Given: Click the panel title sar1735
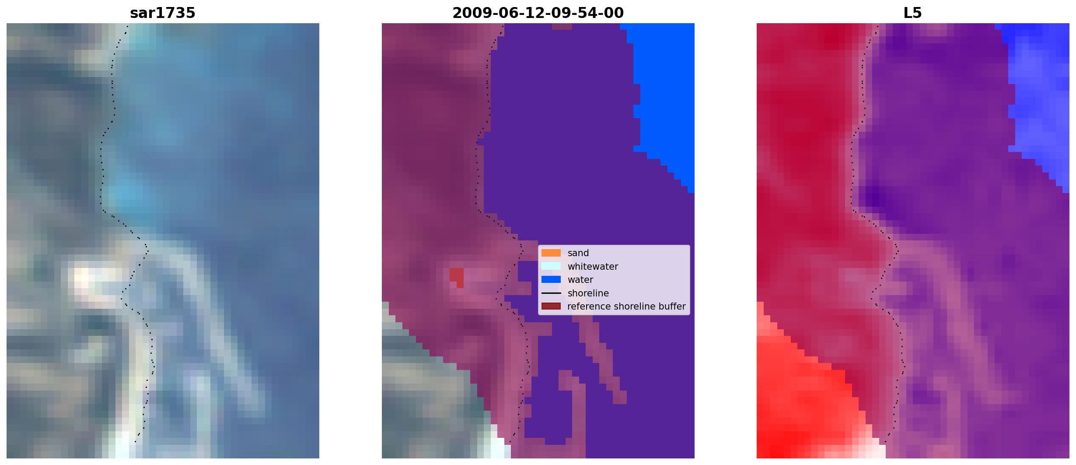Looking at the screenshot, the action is pos(163,13).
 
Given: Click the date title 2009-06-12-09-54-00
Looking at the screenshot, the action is pos(538,13).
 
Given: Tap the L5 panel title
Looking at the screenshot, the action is pos(913,13).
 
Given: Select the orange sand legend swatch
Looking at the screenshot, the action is pos(551,253).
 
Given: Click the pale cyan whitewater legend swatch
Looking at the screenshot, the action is pos(551,266).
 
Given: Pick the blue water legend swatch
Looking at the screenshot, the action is pos(551,279).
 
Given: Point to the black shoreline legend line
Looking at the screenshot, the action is pos(551,293).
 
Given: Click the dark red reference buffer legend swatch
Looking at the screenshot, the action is pos(551,306).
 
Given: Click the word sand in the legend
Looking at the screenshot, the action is pos(578,253).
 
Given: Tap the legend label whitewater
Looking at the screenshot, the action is pos(593,267).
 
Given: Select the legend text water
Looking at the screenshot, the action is pos(580,280).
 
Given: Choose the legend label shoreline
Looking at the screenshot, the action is pos(588,293).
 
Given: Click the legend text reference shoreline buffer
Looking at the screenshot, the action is pos(626,306).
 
